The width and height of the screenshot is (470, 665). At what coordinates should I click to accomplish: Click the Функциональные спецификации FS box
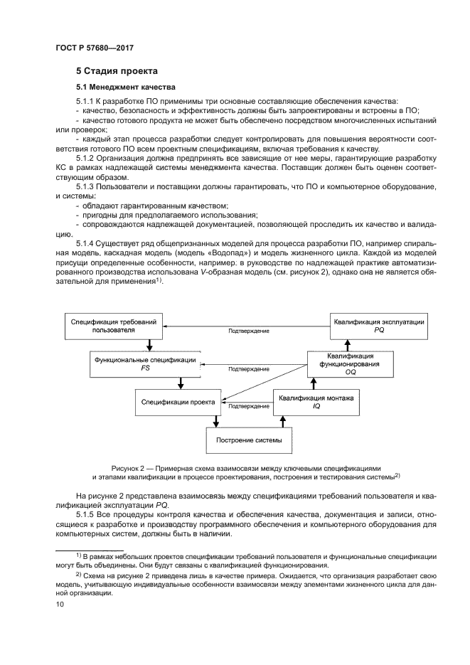pyautogui.click(x=145, y=364)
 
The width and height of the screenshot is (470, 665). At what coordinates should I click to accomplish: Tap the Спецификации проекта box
pyautogui.click(x=178, y=403)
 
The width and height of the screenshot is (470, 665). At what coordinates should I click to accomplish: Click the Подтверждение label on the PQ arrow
pyautogui.click(x=248, y=331)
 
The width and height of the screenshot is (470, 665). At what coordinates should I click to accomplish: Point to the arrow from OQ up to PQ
pyautogui.click(x=348, y=345)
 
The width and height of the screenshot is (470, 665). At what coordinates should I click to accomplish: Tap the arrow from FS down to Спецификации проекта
pyautogui.click(x=181, y=383)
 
